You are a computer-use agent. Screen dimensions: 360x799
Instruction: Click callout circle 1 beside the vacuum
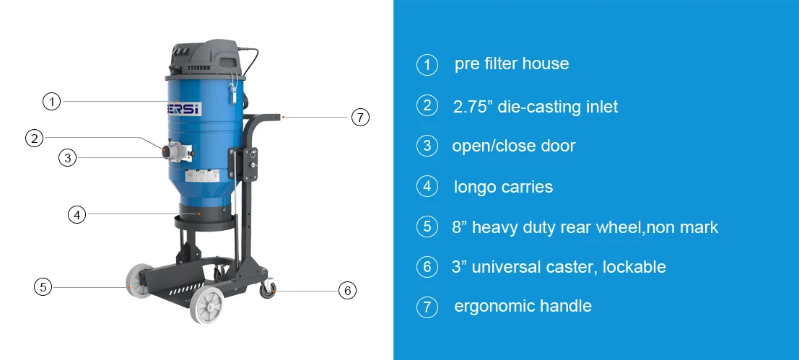tap(51, 102)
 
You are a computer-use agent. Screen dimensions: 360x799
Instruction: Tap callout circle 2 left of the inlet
tap(34, 138)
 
